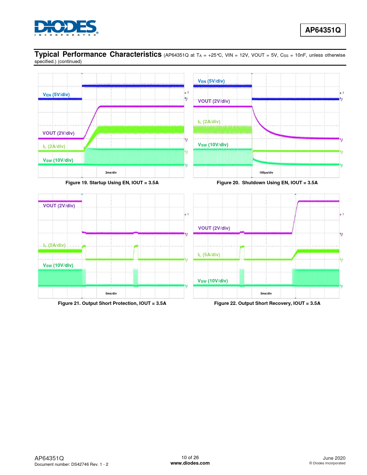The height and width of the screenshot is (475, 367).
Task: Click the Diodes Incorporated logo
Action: pos(66,28)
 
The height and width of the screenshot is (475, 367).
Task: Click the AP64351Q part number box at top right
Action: pos(323,30)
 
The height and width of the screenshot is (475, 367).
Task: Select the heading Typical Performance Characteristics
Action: pos(98,54)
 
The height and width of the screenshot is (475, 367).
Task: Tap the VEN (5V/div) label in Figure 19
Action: pos(56,95)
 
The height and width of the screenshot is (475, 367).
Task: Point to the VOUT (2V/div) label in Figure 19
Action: pos(58,133)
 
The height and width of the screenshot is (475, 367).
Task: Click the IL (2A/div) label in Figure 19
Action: pos(54,147)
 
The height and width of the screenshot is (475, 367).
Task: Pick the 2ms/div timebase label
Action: pos(111,173)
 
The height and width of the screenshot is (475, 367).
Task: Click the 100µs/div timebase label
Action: pos(266,173)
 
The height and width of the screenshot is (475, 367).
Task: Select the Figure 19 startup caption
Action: pos(112,183)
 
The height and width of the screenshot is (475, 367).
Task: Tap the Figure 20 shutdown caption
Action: pos(267,183)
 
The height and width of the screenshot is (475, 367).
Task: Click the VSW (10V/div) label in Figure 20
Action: pos(213,145)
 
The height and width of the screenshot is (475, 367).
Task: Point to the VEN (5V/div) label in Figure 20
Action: pos(211,81)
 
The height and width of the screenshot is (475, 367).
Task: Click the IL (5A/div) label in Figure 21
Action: pos(54,245)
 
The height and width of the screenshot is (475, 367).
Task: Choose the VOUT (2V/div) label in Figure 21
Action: pos(59,206)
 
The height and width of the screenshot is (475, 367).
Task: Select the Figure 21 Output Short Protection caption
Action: pos(112,303)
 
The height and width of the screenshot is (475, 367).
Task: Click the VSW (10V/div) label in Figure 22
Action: pos(212,281)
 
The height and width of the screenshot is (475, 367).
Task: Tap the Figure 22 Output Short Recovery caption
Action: pos(267,303)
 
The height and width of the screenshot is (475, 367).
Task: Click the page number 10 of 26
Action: pos(190,457)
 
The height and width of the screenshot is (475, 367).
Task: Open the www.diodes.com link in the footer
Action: pos(190,463)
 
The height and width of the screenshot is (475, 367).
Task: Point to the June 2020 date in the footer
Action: pos(334,458)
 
